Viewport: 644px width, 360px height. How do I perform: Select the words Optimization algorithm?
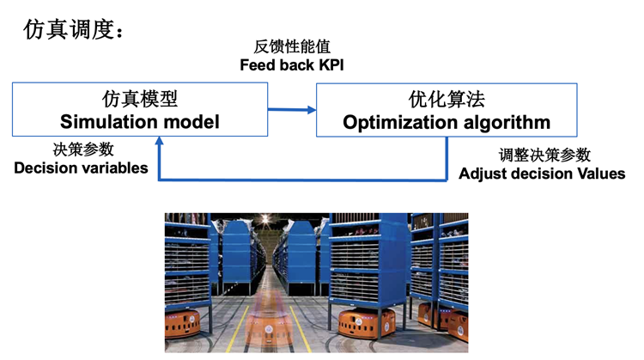pos(447,122)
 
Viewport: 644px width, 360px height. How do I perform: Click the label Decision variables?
pos(81,168)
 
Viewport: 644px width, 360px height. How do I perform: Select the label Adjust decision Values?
pos(542,174)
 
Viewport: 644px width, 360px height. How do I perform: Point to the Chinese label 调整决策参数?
pos(544,155)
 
